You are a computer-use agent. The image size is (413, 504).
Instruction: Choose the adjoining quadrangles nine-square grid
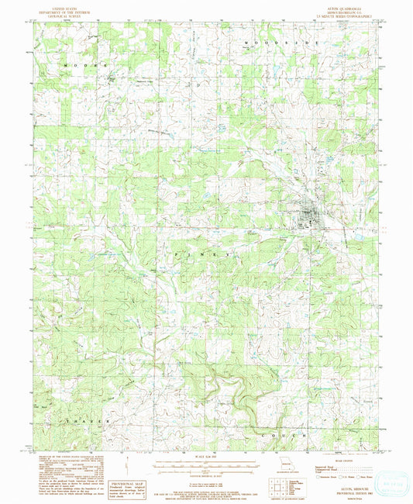pos(277,486)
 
